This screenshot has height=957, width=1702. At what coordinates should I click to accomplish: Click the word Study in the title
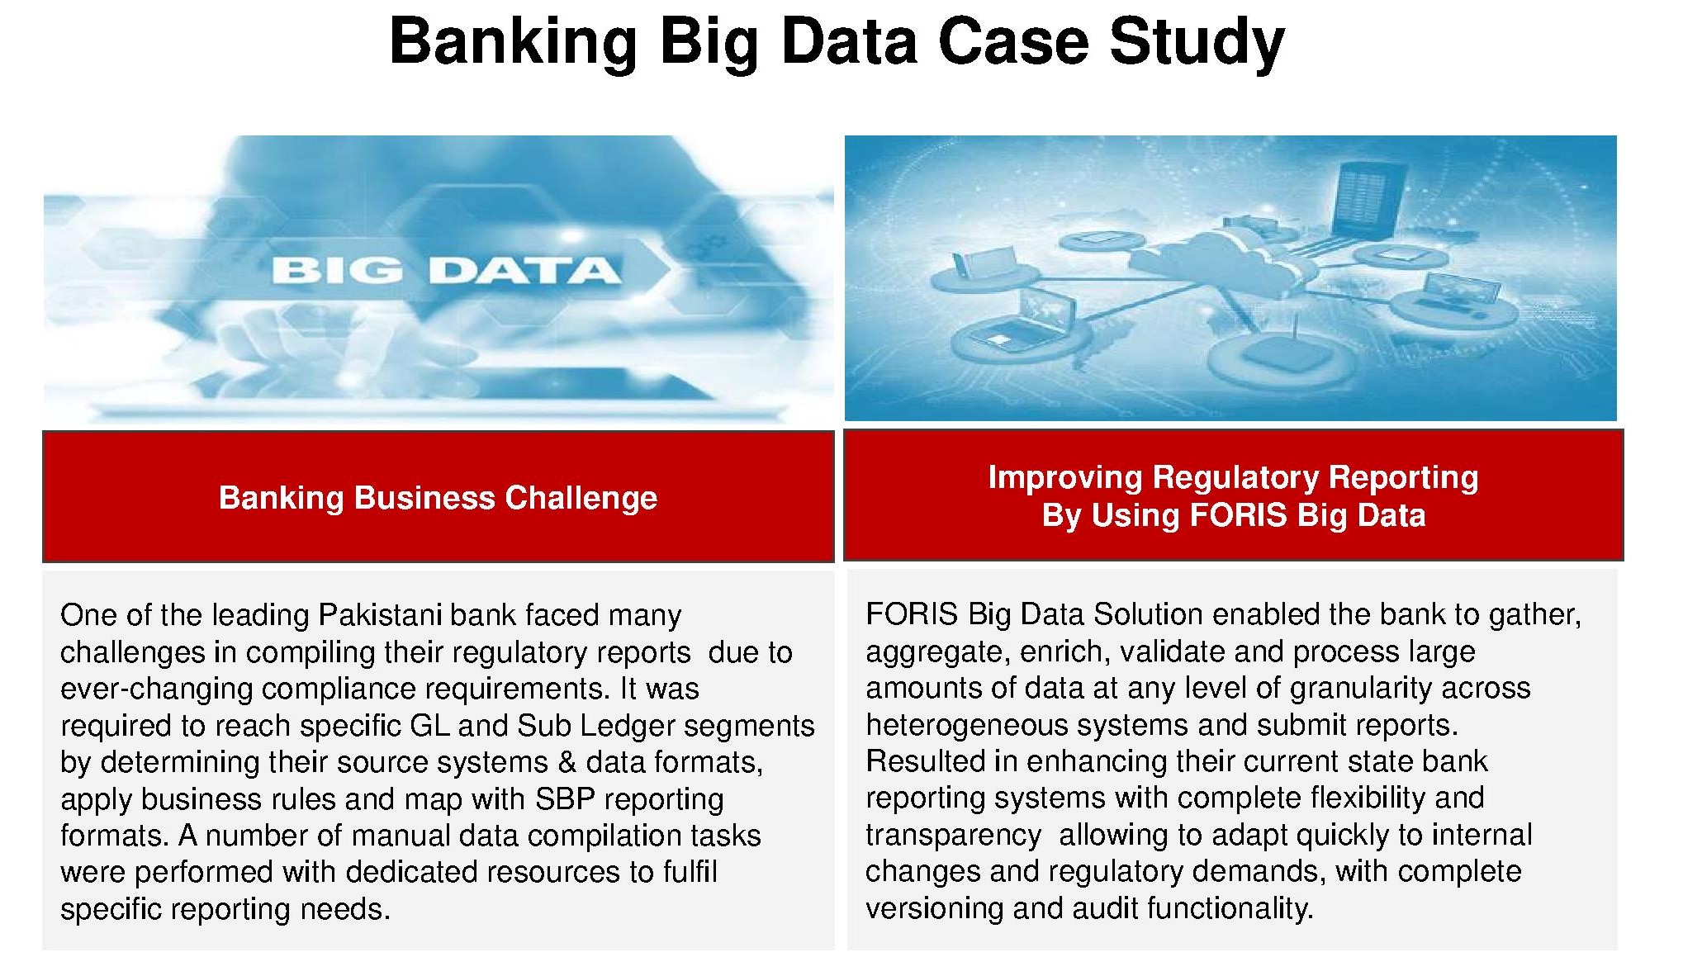click(1197, 43)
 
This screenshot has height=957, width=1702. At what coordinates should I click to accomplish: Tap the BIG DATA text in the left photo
click(445, 271)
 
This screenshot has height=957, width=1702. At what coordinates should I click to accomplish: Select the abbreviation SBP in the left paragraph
click(566, 798)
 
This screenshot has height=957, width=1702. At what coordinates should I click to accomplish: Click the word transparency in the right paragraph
click(953, 836)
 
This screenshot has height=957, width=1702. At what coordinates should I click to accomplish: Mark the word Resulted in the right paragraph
click(919, 761)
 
